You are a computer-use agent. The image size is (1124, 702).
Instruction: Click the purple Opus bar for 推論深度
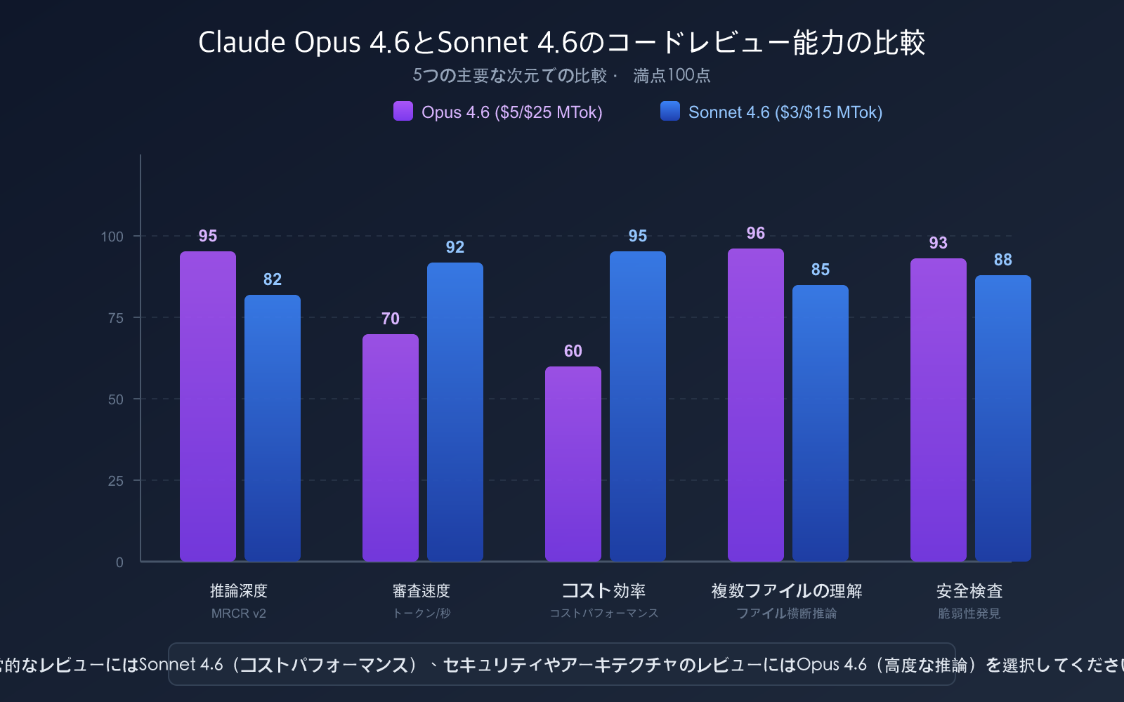coord(208,406)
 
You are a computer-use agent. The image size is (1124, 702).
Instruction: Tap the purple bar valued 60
coord(573,464)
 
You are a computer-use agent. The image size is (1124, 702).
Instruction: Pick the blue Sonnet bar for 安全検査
coord(1003,418)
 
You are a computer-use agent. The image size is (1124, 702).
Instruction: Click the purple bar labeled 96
coord(756,405)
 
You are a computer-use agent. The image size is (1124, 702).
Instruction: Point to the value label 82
coord(273,279)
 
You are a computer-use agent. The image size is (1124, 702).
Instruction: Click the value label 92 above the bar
coord(455,247)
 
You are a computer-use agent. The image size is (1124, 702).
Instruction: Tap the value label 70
coord(391,319)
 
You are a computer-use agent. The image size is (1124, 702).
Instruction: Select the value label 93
coord(939,243)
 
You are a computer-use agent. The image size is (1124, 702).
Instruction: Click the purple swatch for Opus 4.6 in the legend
coord(403,112)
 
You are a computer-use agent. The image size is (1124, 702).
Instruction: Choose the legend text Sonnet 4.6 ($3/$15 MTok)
coord(785,112)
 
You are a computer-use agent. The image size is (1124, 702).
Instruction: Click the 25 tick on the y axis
coord(116,481)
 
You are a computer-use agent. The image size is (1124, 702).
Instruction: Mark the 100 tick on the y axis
coord(112,237)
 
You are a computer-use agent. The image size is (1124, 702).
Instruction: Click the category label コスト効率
coord(603,591)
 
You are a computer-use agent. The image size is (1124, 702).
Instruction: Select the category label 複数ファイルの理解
coord(787,591)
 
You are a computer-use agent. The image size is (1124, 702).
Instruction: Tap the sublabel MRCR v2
coord(239,614)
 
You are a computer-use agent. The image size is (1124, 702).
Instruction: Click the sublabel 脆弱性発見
coord(969,614)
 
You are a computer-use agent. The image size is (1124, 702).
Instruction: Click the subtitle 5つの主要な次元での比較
coord(510,76)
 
